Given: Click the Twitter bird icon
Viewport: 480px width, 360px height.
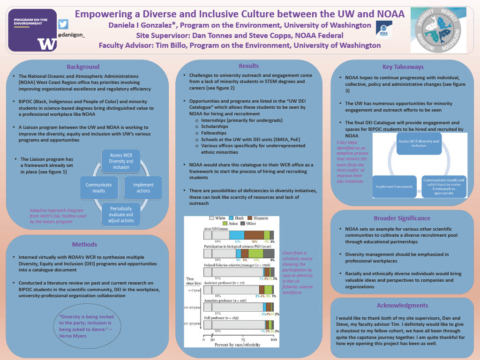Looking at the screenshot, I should [63, 24].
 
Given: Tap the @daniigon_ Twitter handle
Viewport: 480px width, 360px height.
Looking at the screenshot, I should [71, 35].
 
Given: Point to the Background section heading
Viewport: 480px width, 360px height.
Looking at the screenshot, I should [83, 67].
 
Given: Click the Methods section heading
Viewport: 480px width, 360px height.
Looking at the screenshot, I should [84, 244].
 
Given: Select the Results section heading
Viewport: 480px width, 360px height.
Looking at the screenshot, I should [248, 66].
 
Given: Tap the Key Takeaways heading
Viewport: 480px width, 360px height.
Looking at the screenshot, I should [396, 67].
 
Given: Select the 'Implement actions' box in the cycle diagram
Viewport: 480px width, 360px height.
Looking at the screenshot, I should [143, 187].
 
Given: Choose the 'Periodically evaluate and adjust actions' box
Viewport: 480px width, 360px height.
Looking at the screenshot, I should [121, 214].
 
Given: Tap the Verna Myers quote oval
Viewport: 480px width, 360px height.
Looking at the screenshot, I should [84, 326].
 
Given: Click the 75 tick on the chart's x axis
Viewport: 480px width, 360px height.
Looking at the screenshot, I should [243, 340].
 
